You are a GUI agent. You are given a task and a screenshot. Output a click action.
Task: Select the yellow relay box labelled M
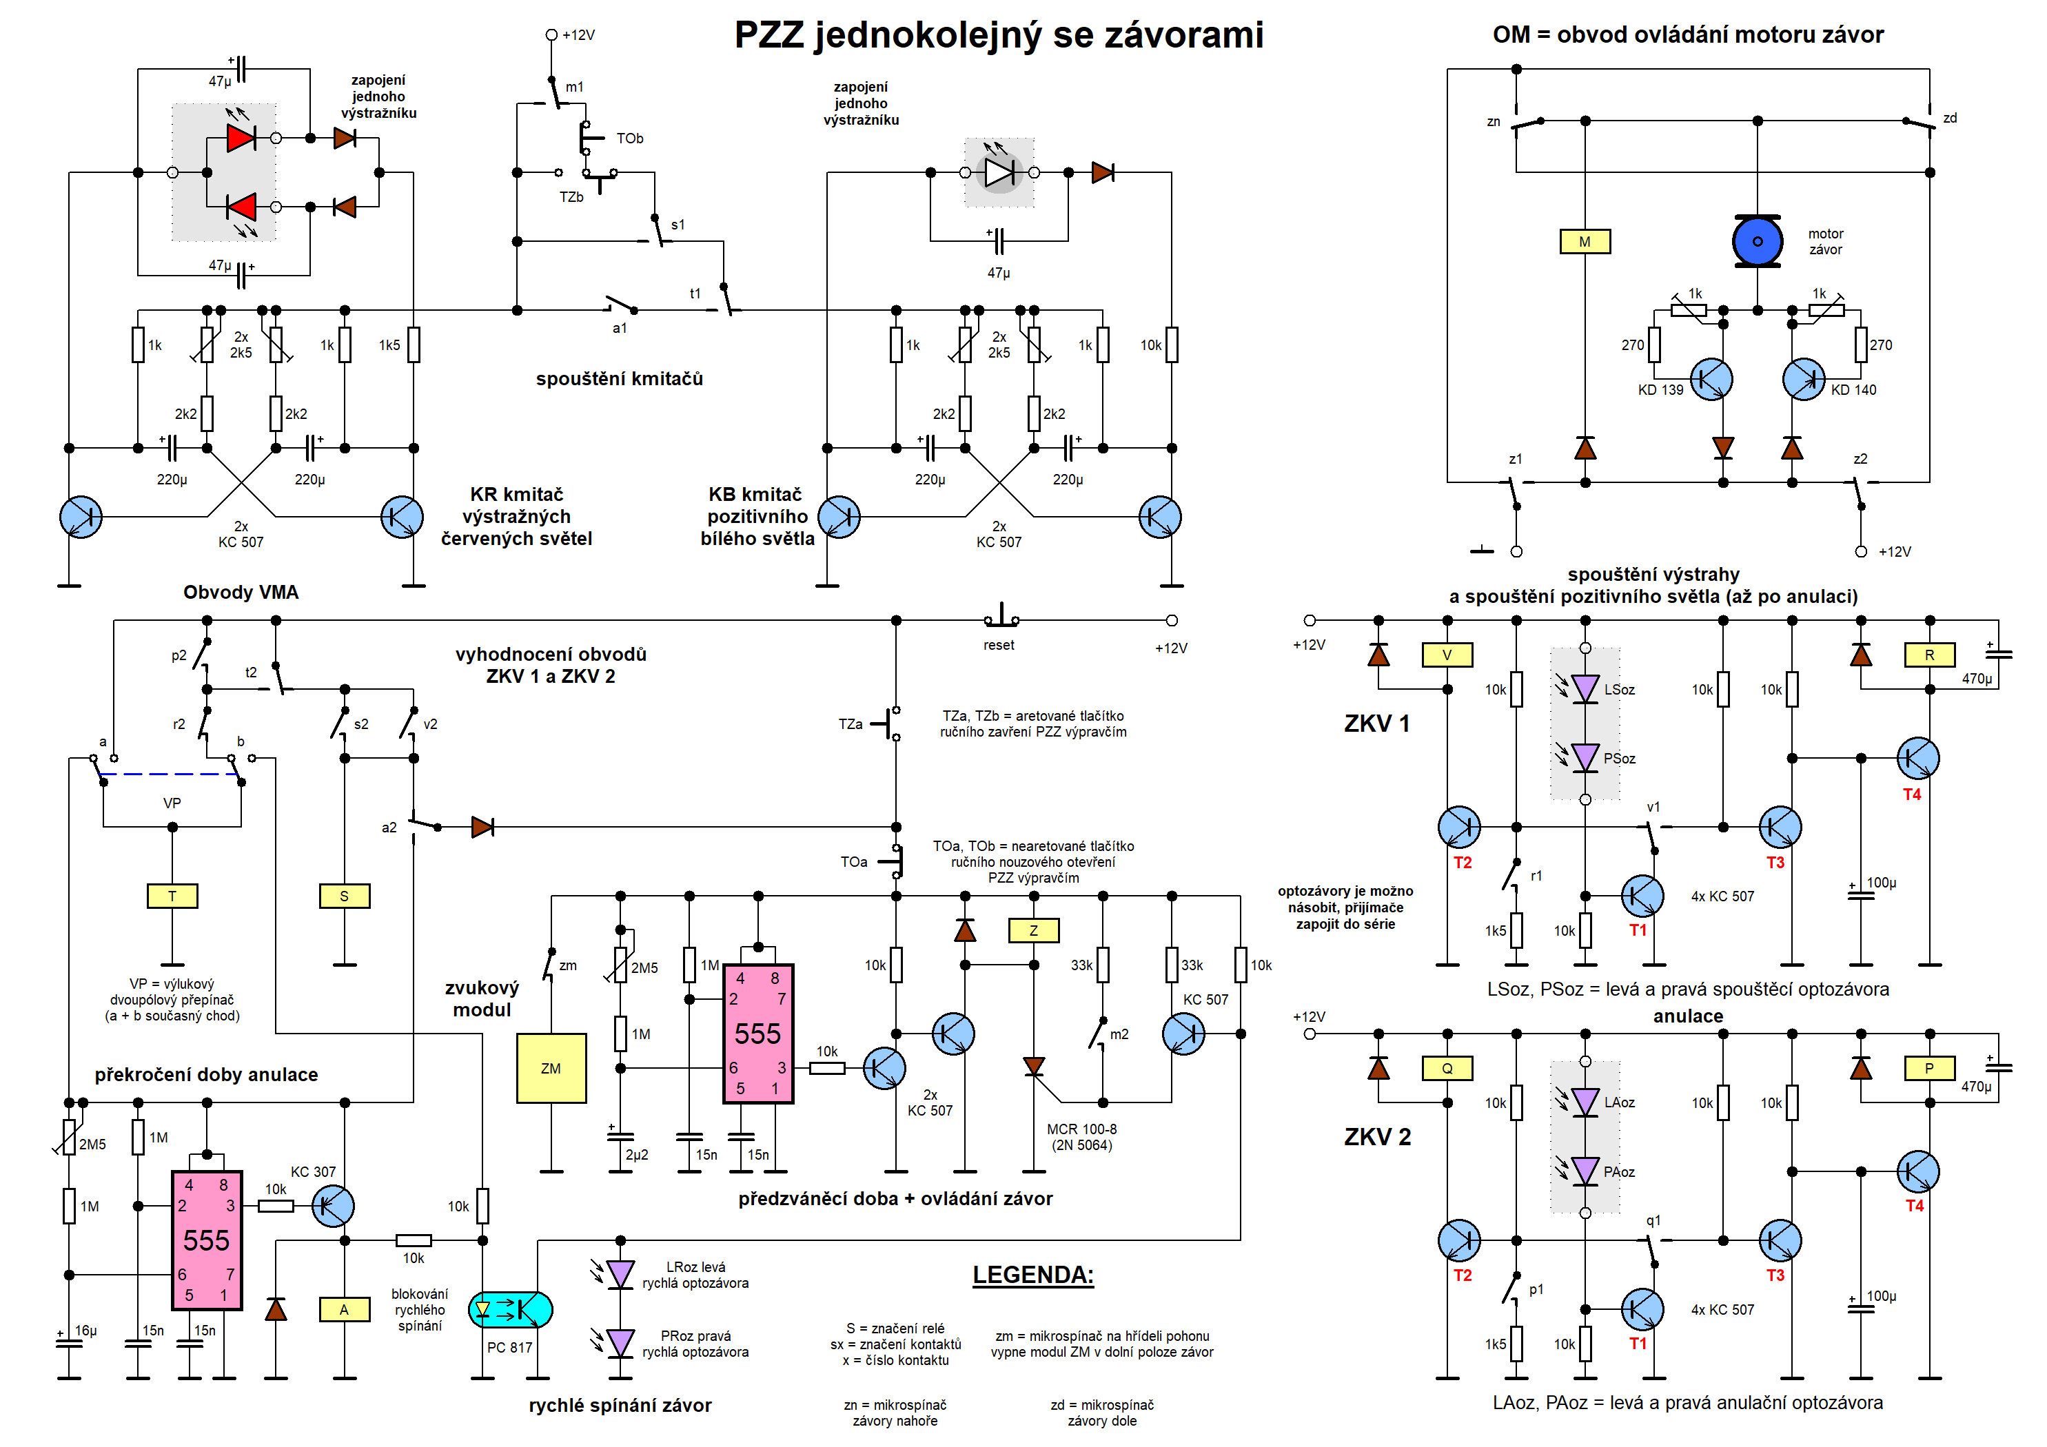[x=1585, y=242]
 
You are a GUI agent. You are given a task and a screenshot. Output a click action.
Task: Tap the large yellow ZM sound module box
[x=551, y=1068]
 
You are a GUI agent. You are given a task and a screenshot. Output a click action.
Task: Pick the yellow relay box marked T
[x=172, y=896]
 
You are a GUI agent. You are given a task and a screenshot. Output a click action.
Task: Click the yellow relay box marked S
[x=344, y=896]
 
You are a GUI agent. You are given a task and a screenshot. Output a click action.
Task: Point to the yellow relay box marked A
[x=344, y=1310]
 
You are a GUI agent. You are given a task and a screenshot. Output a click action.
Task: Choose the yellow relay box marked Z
[x=1033, y=931]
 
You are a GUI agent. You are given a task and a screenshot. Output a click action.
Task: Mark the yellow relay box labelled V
[x=1446, y=655]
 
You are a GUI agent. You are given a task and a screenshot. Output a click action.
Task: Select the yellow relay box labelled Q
[x=1446, y=1068]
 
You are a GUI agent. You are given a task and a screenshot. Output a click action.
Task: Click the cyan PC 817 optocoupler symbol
[x=510, y=1310]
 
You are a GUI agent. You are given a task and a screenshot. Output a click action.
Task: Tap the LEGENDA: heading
[x=1032, y=1275]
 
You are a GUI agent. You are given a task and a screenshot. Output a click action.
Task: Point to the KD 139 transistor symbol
[x=1711, y=380]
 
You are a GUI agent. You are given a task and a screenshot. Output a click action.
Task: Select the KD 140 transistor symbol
[x=1804, y=380]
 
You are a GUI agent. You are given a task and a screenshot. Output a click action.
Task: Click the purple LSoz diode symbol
[x=1585, y=689]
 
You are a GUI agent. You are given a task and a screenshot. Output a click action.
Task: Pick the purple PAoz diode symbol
[x=1585, y=1171]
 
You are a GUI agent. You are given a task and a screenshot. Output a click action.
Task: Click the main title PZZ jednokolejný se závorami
[x=999, y=36]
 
